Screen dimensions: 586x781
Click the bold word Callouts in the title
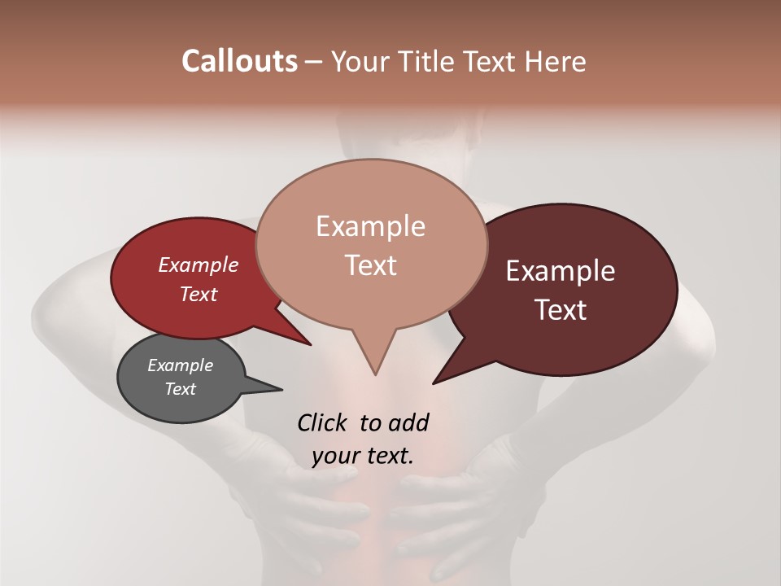[239, 61]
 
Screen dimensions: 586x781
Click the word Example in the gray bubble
[180, 365]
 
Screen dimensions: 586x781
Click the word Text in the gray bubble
[180, 389]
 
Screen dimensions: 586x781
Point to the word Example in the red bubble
[198, 265]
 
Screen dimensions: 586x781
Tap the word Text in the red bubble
[198, 294]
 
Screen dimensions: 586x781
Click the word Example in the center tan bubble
[370, 226]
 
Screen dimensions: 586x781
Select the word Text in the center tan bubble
[370, 265]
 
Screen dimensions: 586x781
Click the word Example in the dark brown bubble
[561, 271]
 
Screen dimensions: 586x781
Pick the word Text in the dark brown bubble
[561, 310]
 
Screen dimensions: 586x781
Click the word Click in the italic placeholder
[324, 422]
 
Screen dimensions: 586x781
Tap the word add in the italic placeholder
[408, 422]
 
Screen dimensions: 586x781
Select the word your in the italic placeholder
[335, 456]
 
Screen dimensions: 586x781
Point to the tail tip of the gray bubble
[281, 388]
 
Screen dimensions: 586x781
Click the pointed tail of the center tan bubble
[375, 374]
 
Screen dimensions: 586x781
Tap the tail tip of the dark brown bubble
[434, 383]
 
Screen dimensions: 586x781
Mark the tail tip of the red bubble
[311, 345]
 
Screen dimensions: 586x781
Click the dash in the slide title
[313, 62]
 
